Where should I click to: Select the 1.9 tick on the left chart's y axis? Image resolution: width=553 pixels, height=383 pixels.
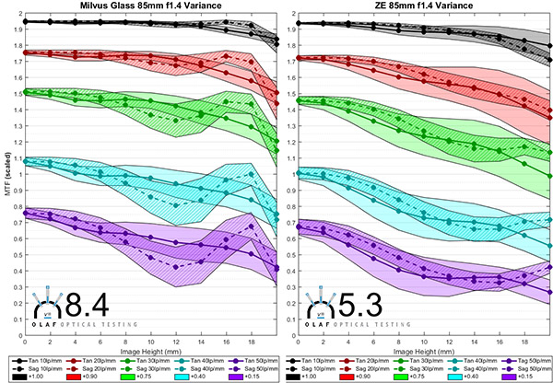click(18, 29)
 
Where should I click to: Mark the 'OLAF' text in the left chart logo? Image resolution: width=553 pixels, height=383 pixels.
click(48, 324)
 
